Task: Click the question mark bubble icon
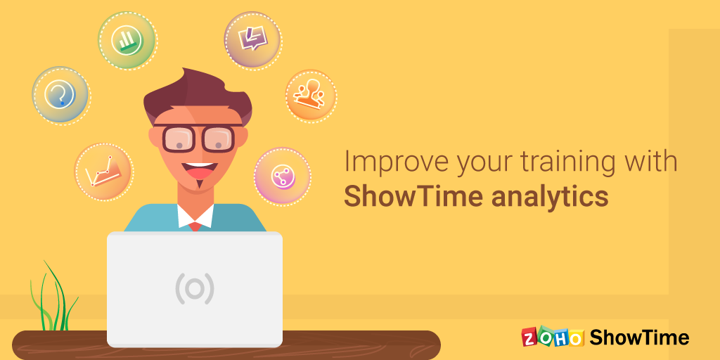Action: pyautogui.click(x=61, y=96)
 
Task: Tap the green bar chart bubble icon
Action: pyautogui.click(x=127, y=40)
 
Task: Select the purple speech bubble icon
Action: pyautogui.click(x=252, y=40)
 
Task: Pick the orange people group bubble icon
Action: pyautogui.click(x=311, y=96)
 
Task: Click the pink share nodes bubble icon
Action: pyautogui.click(x=283, y=176)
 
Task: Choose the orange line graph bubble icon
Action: pyautogui.click(x=103, y=172)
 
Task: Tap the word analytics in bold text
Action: pyautogui.click(x=550, y=198)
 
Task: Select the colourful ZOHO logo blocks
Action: pyautogui.click(x=553, y=337)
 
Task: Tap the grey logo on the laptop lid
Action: pyautogui.click(x=195, y=288)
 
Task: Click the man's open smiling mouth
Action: pyautogui.click(x=198, y=170)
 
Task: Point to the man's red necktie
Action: pyautogui.click(x=195, y=226)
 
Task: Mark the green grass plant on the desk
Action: pyautogui.click(x=52, y=296)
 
